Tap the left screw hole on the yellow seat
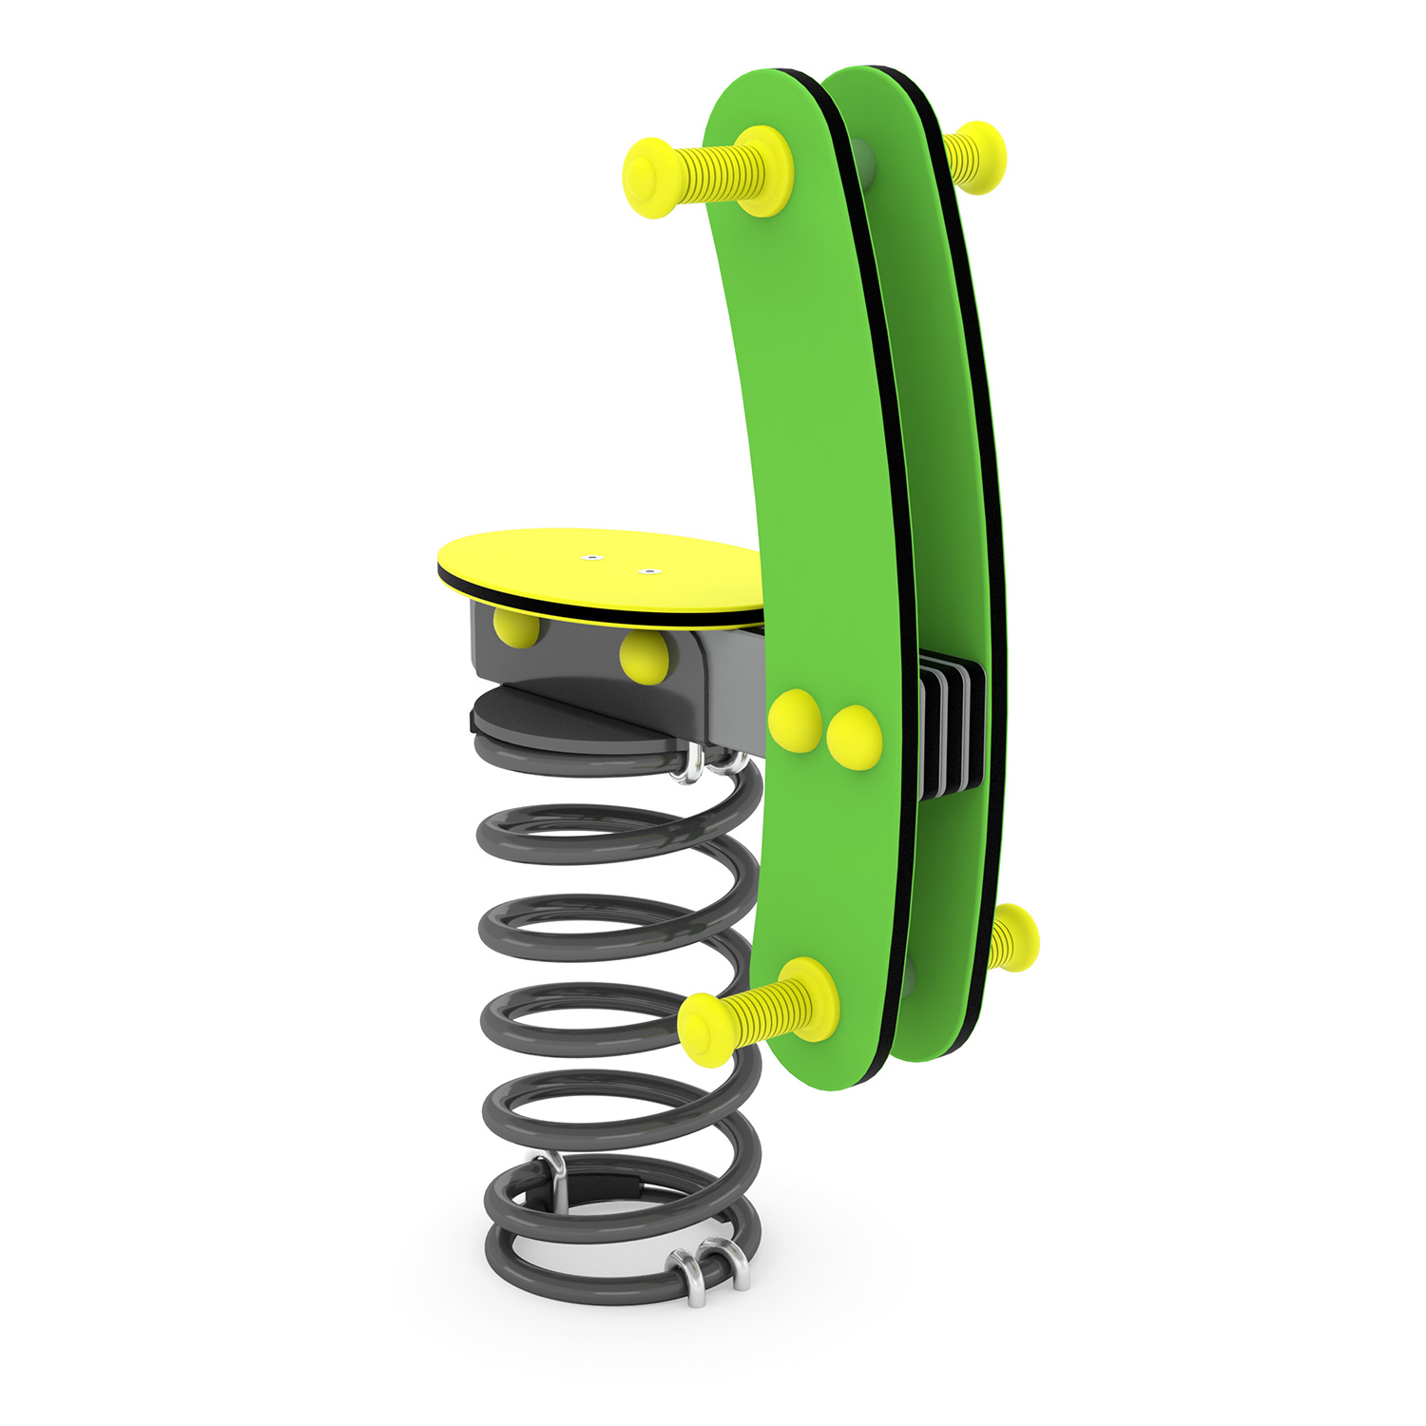pos(592,557)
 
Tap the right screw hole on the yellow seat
pos(649,571)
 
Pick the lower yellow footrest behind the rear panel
pos(1012,937)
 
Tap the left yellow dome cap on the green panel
pos(795,721)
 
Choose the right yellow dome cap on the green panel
pos(855,737)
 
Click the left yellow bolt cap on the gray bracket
pos(516,627)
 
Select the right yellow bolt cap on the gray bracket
pos(645,658)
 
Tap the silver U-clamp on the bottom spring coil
pos(708,1272)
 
